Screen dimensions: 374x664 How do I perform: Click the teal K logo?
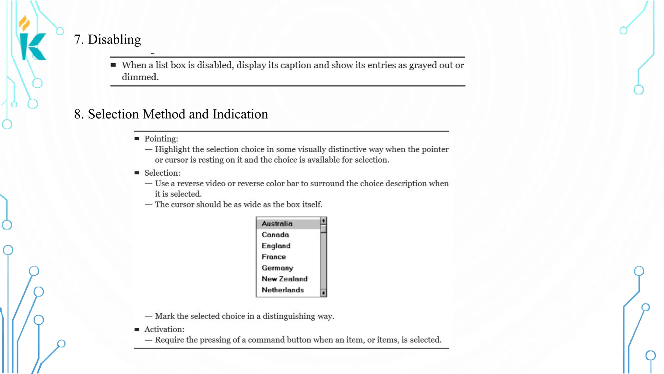pyautogui.click(x=33, y=46)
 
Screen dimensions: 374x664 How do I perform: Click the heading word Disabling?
pyautogui.click(x=114, y=40)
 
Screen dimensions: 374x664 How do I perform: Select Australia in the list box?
pyautogui.click(x=277, y=224)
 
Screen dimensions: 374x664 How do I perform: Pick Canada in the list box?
pyautogui.click(x=275, y=235)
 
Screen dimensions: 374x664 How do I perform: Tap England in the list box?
pyautogui.click(x=276, y=246)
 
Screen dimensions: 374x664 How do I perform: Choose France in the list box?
pyautogui.click(x=274, y=257)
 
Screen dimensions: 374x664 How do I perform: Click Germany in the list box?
pyautogui.click(x=277, y=268)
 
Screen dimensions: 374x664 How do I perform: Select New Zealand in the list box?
pyautogui.click(x=284, y=279)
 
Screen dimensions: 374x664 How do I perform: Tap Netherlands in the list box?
pyautogui.click(x=283, y=290)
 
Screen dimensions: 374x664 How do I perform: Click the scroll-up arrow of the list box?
pyautogui.click(x=323, y=221)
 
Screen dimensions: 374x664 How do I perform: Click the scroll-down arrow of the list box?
pyautogui.click(x=323, y=293)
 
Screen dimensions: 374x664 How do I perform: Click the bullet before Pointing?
pyautogui.click(x=137, y=139)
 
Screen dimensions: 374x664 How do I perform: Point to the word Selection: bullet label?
pyautogui.click(x=162, y=173)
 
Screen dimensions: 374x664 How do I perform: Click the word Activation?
pyautogui.click(x=164, y=330)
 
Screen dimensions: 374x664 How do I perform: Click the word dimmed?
pyautogui.click(x=140, y=77)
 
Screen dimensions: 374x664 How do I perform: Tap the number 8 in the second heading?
pyautogui.click(x=77, y=114)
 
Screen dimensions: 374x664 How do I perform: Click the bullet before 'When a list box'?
pyautogui.click(x=113, y=65)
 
